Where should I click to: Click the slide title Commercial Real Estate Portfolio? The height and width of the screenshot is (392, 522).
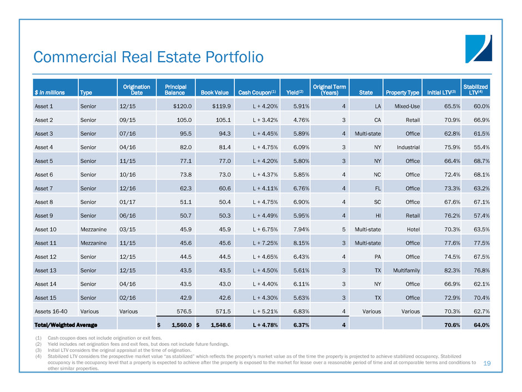148,57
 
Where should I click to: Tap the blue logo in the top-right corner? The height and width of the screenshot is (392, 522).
478,48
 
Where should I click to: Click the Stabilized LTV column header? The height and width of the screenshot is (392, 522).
476,89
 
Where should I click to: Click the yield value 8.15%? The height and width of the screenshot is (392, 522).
302,242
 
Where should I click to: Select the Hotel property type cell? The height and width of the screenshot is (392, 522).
411,228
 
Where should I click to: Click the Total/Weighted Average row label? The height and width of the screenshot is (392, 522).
66,325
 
